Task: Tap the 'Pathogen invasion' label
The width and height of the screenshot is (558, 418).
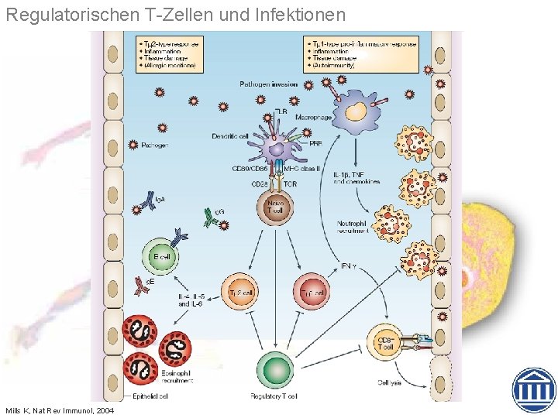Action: point(268,84)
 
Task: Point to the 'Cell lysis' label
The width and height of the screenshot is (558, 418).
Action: point(390,382)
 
